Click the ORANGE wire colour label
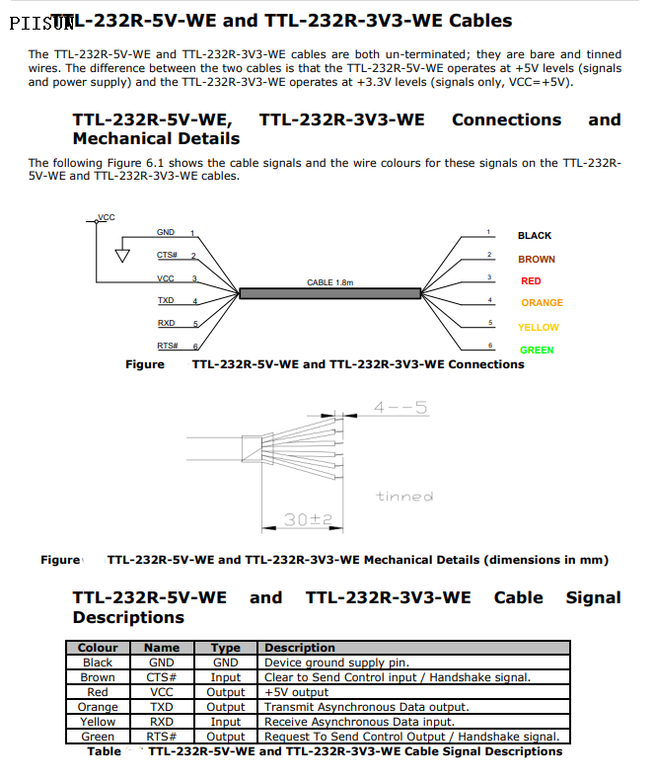coord(542,303)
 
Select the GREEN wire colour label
coord(537,351)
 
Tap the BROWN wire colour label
coord(536,260)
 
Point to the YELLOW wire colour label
coord(538,328)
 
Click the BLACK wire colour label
coord(535,236)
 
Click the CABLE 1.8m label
coord(329,282)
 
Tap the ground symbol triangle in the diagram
coord(122,256)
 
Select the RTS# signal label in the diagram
coord(167,346)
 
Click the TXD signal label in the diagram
coord(166,300)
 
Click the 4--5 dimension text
coord(400,407)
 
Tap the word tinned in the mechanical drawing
coord(404,496)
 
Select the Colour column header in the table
coord(98,648)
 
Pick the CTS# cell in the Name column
coord(162,677)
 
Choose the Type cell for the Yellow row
coord(226,722)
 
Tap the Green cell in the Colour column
coord(98,737)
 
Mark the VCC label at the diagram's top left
coord(106,217)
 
